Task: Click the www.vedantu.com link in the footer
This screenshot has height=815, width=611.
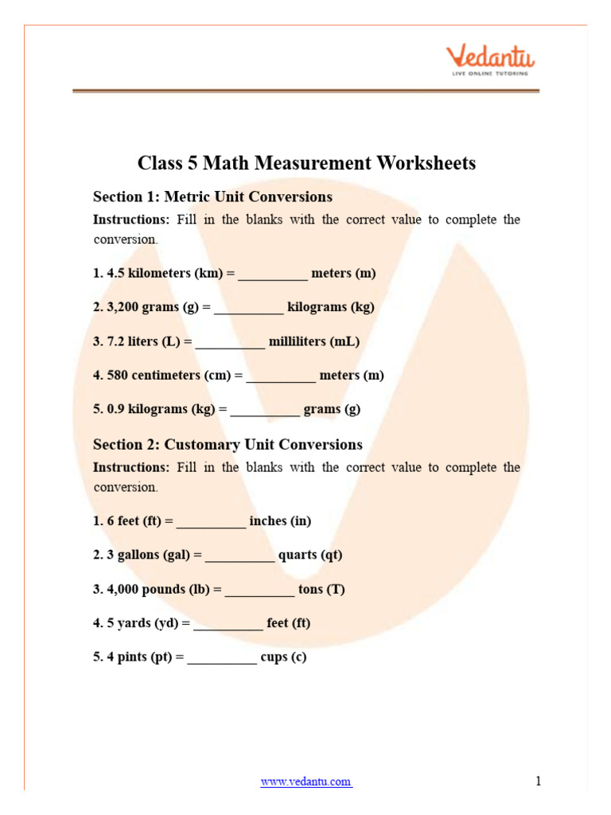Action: (x=306, y=782)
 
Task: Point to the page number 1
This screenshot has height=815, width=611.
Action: (x=539, y=781)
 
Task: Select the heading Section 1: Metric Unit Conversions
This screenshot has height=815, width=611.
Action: (x=212, y=197)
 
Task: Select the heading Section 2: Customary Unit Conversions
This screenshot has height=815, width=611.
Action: (x=228, y=444)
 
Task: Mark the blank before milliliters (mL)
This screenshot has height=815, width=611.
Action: (x=230, y=343)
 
